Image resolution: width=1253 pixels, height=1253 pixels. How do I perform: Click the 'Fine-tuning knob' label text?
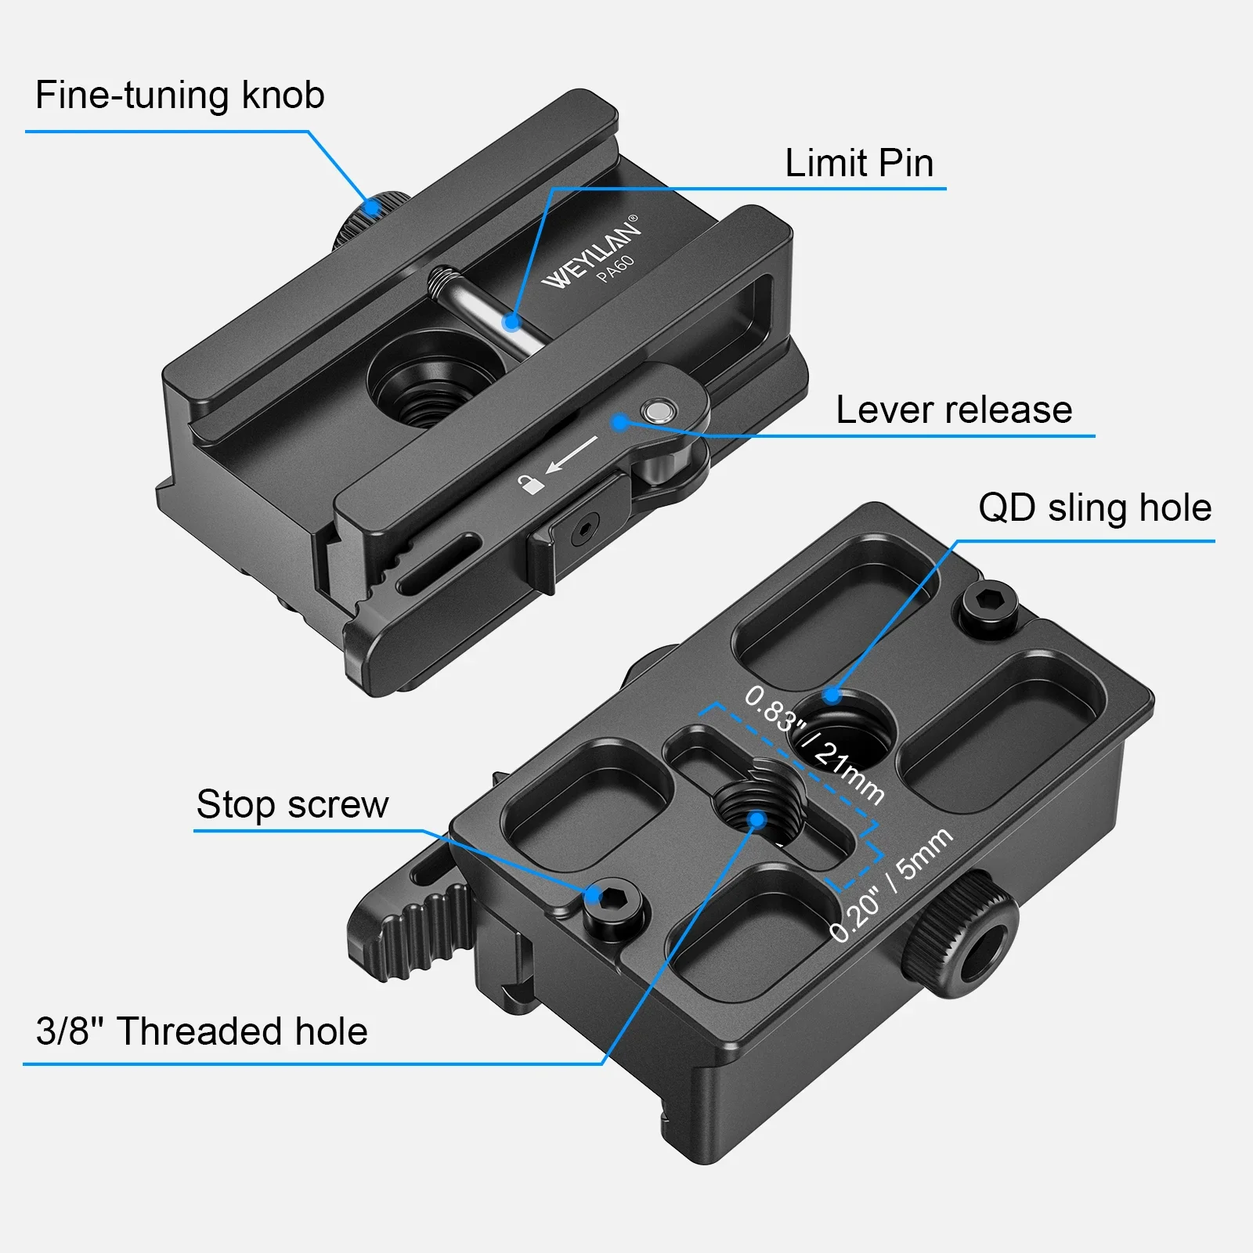point(180,96)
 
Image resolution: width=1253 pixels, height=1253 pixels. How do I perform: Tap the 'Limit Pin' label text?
point(859,163)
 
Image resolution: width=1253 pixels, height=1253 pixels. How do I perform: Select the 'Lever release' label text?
point(954,410)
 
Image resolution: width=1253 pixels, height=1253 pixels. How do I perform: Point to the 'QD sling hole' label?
point(1095,507)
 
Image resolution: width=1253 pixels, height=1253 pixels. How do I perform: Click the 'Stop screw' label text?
point(292,804)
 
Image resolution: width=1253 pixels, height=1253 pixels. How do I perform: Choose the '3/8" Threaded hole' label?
point(201,1031)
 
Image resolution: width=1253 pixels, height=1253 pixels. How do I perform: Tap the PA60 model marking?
point(615,269)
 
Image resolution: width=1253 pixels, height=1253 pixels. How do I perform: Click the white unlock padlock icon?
point(531,483)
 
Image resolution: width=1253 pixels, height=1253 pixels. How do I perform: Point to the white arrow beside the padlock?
point(572,454)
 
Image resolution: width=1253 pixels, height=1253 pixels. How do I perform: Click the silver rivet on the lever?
point(655,410)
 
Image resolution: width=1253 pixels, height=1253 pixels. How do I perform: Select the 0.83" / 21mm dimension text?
point(814,746)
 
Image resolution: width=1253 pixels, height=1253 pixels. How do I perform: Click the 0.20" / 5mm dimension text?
point(891,885)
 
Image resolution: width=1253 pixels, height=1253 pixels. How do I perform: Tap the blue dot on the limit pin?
point(511,321)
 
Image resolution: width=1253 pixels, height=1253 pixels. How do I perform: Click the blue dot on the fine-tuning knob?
point(374,208)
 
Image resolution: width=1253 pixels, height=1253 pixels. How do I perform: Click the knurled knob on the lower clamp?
point(962,935)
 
